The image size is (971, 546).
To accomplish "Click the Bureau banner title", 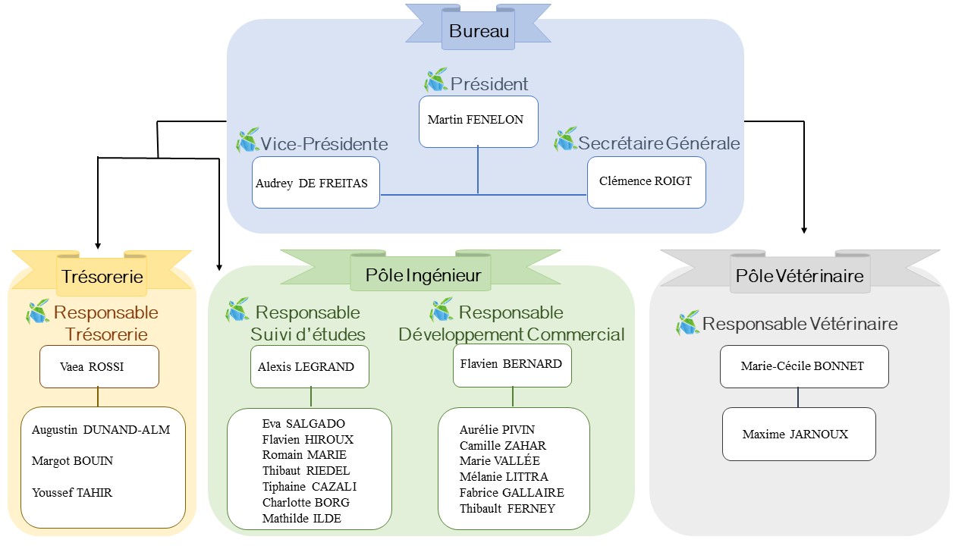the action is [x=479, y=31].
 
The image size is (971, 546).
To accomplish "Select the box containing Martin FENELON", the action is [x=478, y=122].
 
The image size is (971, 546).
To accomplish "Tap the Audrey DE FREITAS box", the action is [x=316, y=183].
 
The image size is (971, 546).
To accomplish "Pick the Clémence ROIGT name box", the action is [x=646, y=183].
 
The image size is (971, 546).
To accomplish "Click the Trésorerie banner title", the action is [x=102, y=277].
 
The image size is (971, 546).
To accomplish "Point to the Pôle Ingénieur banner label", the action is [x=423, y=275].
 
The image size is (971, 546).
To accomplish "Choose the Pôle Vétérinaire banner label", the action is [x=800, y=276].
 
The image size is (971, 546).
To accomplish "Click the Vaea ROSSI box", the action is [x=99, y=366].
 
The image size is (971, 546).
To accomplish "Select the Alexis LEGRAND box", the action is [x=310, y=366].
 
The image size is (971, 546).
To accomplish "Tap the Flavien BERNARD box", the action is [x=512, y=366].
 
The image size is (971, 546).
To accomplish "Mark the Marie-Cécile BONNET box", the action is [x=804, y=366].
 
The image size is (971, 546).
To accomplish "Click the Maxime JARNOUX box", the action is [x=799, y=434].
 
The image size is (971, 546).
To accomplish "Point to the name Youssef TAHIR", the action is [x=72, y=493].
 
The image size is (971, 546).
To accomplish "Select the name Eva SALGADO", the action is [x=303, y=423].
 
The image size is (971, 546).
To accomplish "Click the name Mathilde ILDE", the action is [x=302, y=518].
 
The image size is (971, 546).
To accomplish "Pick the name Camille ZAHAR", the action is [x=503, y=445].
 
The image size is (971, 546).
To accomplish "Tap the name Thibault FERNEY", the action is [x=507, y=508].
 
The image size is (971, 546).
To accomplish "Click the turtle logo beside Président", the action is [x=436, y=80].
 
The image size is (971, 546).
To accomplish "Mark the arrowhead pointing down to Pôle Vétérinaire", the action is [x=804, y=231].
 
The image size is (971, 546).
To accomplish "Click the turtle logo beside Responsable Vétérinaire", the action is [x=687, y=322].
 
